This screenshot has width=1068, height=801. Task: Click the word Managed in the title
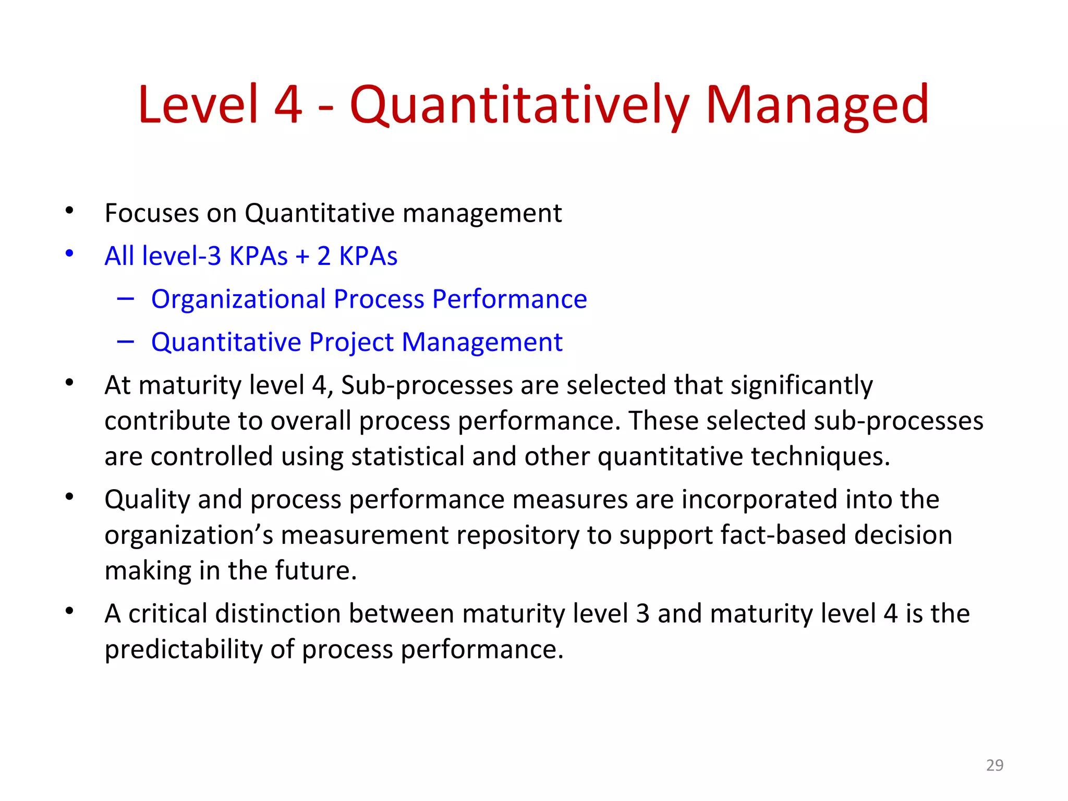[x=817, y=106]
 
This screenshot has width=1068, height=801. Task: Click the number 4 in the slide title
[x=288, y=106]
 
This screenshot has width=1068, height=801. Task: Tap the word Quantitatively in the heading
[x=519, y=106]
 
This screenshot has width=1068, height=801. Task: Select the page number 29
[x=994, y=765]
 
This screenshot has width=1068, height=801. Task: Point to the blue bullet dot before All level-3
[x=69, y=254]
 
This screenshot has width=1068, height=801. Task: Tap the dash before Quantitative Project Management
[x=126, y=342]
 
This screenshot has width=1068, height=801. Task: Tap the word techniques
[x=820, y=457]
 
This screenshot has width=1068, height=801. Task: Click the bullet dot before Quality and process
[x=69, y=497]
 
